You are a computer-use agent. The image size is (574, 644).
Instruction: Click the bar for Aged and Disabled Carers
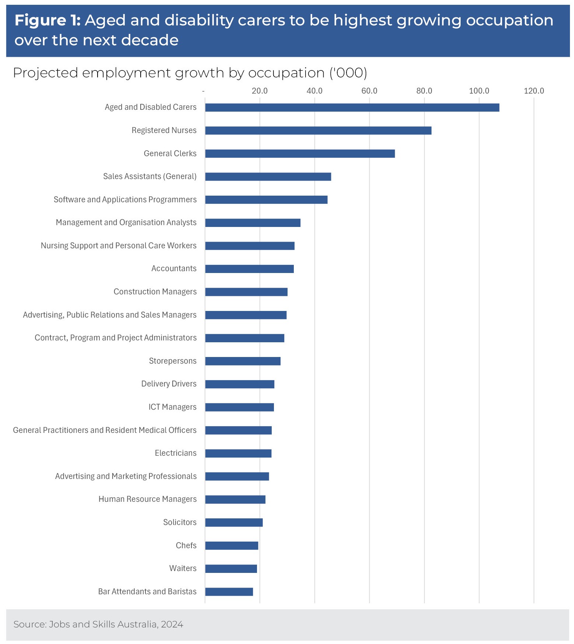tap(352, 108)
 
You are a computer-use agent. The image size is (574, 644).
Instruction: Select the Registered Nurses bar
tap(318, 130)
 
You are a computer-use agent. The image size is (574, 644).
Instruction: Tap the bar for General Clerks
tap(300, 154)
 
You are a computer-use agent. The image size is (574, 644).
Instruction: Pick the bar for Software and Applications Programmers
tap(266, 200)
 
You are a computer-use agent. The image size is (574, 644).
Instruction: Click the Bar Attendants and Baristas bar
tap(229, 592)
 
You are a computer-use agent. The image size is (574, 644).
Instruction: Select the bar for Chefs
tap(231, 546)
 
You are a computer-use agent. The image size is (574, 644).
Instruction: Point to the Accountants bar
tap(249, 269)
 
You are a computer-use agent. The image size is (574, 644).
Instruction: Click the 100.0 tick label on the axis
tap(479, 91)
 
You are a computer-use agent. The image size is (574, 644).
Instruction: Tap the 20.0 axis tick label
tap(260, 91)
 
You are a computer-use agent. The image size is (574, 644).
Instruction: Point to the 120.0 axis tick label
tap(533, 91)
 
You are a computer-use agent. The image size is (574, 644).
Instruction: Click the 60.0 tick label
tap(369, 91)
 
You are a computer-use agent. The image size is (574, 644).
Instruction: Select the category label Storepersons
tap(173, 361)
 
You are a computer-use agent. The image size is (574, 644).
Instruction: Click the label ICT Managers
tap(172, 407)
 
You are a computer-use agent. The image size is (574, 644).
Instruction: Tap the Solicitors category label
tap(180, 522)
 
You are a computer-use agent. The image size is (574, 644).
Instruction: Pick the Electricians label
tap(176, 453)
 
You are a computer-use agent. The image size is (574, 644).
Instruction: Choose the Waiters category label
tap(183, 568)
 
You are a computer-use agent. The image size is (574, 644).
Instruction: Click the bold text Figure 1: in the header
tap(47, 20)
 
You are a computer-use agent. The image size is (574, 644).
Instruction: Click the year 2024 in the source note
tap(172, 624)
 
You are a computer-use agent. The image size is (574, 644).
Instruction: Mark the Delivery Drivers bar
tap(239, 384)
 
